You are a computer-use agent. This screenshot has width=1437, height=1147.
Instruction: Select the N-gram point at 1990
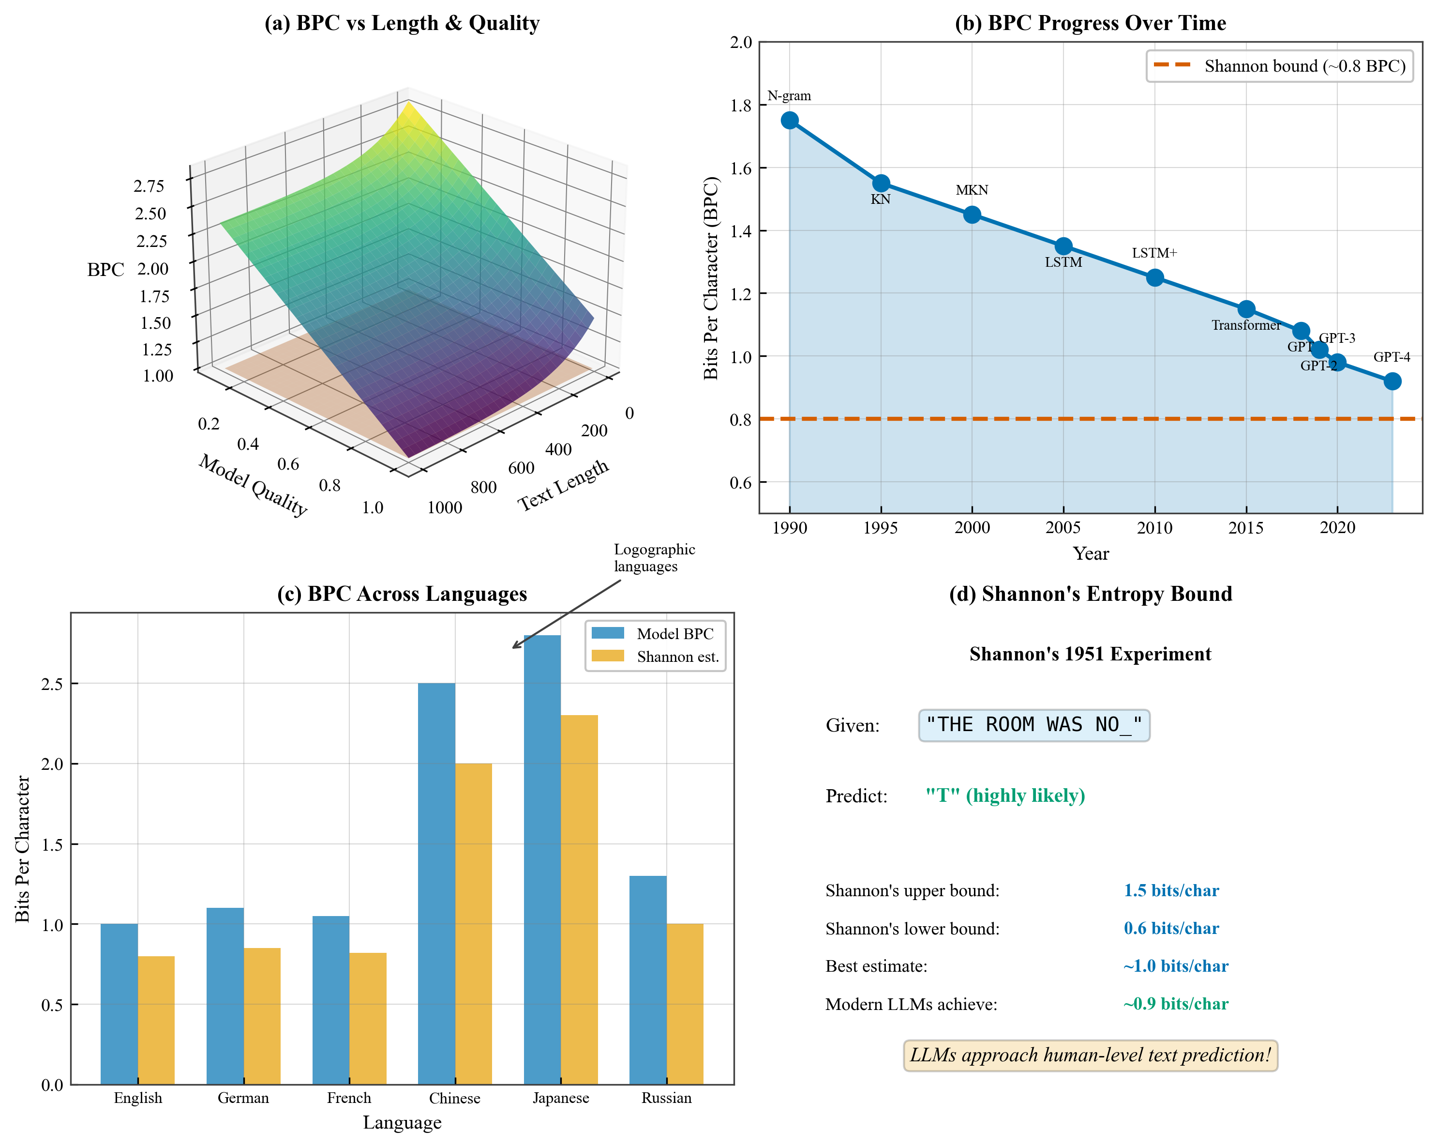pyautogui.click(x=790, y=120)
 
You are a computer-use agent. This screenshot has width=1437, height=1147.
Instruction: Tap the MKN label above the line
pyautogui.click(x=972, y=190)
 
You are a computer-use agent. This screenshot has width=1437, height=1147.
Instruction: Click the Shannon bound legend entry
pyautogui.click(x=1279, y=66)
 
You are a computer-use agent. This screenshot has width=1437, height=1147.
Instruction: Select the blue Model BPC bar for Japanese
pyautogui.click(x=542, y=860)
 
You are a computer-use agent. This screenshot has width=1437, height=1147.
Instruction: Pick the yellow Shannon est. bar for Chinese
pyautogui.click(x=473, y=924)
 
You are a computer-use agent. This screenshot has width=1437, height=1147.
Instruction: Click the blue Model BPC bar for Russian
pyautogui.click(x=648, y=980)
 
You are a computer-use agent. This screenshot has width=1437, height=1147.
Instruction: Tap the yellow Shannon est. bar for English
pyautogui.click(x=156, y=1020)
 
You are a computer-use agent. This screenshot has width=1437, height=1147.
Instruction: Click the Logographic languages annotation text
pyautogui.click(x=654, y=558)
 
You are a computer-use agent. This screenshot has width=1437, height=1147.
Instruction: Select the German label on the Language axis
pyautogui.click(x=243, y=1098)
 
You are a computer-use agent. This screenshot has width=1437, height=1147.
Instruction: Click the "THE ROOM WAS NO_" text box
pyautogui.click(x=1034, y=725)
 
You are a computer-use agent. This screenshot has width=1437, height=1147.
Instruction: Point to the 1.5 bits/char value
pyautogui.click(x=1171, y=890)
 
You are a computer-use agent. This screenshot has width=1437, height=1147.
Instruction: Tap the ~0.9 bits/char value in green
pyautogui.click(x=1176, y=1004)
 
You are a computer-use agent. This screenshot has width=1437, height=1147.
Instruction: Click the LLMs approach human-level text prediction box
pyautogui.click(x=1091, y=1055)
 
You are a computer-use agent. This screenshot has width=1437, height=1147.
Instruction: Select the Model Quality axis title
pyautogui.click(x=253, y=486)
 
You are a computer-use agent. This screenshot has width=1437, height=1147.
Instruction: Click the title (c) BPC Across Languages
pyautogui.click(x=402, y=594)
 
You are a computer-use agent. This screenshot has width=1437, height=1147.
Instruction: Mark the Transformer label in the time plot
pyautogui.click(x=1246, y=325)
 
